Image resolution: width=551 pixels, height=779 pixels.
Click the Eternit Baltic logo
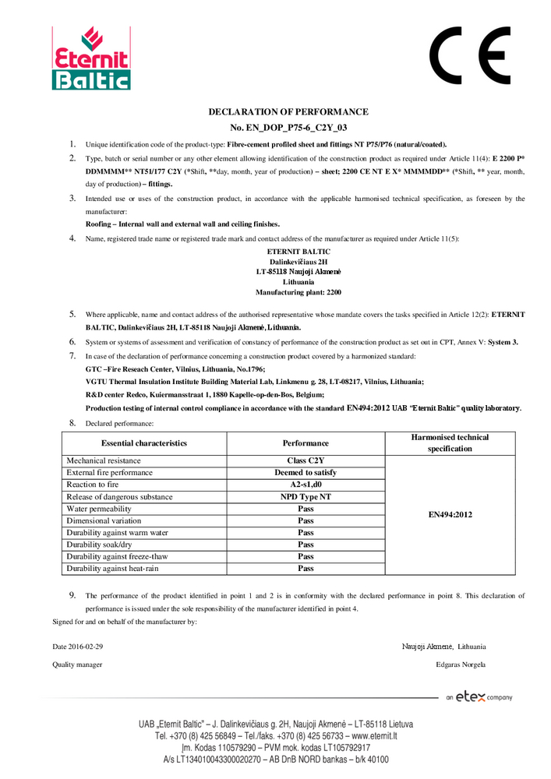[x=91, y=58]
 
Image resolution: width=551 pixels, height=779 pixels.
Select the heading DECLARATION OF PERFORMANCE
[x=288, y=112]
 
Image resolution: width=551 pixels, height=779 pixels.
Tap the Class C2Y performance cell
[x=306, y=461]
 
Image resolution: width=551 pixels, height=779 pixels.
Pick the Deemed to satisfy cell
[x=306, y=473]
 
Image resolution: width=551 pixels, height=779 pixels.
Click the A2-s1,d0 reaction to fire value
[x=306, y=485]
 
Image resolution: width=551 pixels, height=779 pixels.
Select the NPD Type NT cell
[x=306, y=497]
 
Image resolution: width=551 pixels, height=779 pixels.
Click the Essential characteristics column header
[x=143, y=443]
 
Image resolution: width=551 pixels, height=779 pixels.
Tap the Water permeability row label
[x=100, y=509]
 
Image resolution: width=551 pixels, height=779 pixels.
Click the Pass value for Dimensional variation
[x=306, y=521]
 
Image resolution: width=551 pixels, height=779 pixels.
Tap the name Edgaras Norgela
[x=461, y=664]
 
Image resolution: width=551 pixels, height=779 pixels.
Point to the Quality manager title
[x=77, y=664]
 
